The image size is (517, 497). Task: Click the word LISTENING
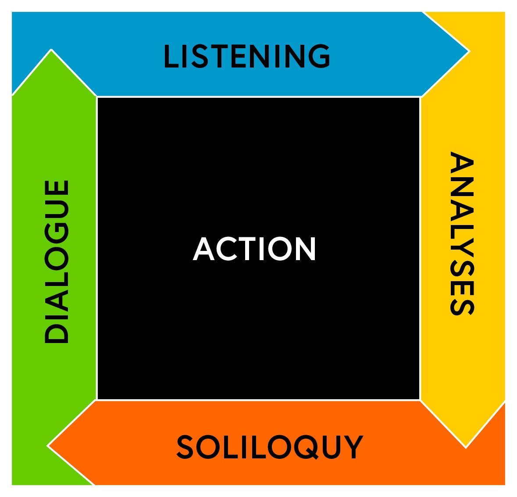(247, 56)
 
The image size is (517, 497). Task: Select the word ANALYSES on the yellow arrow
(462, 233)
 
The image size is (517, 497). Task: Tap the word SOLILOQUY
(270, 447)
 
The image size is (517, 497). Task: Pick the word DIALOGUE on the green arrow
(57, 261)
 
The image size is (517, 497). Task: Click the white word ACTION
(254, 249)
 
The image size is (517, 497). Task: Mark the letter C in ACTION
(225, 249)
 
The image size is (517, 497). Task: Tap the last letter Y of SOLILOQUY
(353, 447)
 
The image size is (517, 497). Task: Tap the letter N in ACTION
(305, 249)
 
